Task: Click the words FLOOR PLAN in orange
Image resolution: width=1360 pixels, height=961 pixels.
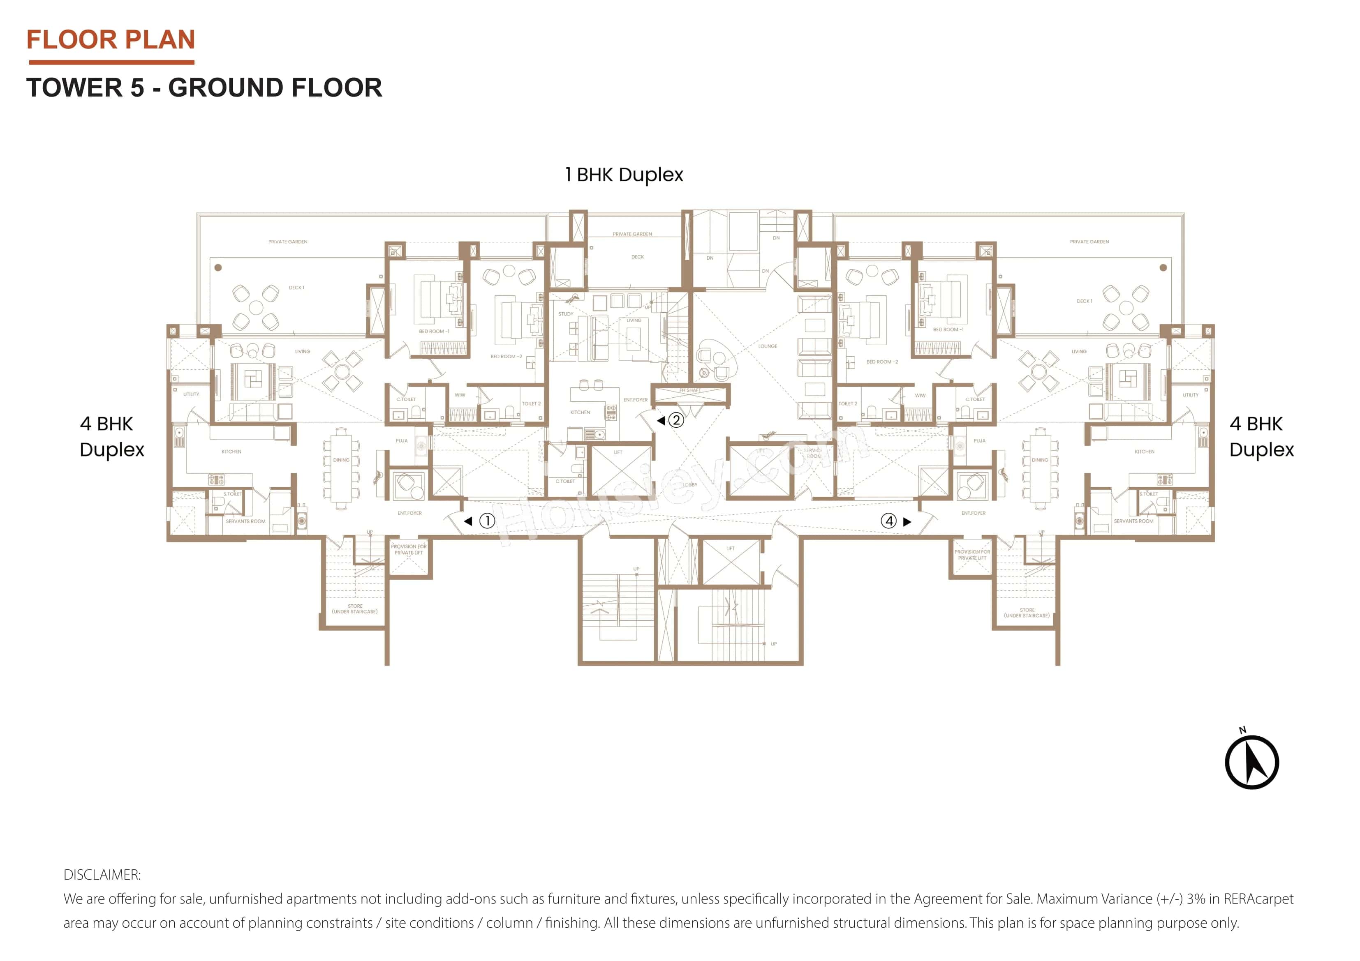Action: pyautogui.click(x=111, y=40)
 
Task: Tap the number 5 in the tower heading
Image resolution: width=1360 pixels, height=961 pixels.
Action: pyautogui.click(x=137, y=88)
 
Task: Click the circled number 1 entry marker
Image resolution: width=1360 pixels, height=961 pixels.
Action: pyautogui.click(x=487, y=521)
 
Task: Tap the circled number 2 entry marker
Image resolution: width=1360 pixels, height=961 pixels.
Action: pyautogui.click(x=676, y=420)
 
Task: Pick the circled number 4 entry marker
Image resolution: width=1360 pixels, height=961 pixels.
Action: pyautogui.click(x=888, y=521)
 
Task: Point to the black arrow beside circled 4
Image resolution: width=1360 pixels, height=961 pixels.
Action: pyautogui.click(x=907, y=522)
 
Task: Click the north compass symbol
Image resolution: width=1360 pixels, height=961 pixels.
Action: pyautogui.click(x=1251, y=762)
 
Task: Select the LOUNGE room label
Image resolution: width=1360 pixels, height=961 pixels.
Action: pyautogui.click(x=767, y=346)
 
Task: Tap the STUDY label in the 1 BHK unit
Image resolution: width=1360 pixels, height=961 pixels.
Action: pyautogui.click(x=566, y=314)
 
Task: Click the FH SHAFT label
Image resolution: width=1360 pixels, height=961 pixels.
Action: pyautogui.click(x=689, y=390)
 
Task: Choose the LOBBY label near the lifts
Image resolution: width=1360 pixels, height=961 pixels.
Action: pyautogui.click(x=690, y=485)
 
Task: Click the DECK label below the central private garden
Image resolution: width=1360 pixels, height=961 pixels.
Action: pyautogui.click(x=637, y=257)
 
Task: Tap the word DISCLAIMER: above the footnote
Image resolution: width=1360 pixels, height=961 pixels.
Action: pyautogui.click(x=102, y=875)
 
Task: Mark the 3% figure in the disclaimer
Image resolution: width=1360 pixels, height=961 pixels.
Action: pyautogui.click(x=1196, y=899)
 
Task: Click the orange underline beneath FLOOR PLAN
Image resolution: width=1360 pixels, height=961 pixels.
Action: pyautogui.click(x=111, y=62)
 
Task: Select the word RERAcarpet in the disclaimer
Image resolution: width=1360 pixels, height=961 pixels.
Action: pyautogui.click(x=1258, y=899)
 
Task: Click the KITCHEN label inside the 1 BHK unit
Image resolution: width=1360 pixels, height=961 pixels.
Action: pyautogui.click(x=580, y=412)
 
